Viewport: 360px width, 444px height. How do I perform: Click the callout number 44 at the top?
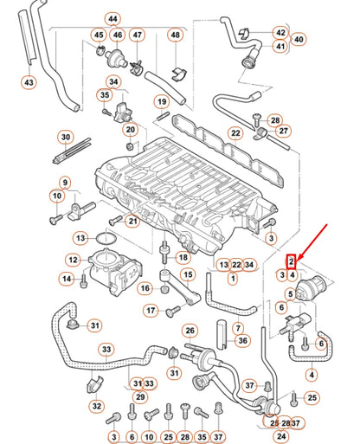pos(112,18)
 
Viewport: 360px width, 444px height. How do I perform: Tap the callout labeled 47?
pos(138,35)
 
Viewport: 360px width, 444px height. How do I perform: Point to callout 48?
pos(176,35)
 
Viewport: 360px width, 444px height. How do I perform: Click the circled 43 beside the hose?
pos(29,83)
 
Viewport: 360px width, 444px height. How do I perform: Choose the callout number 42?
pos(280,32)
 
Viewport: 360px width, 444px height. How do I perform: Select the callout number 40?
pos(299,39)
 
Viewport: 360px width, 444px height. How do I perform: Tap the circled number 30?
pos(66,138)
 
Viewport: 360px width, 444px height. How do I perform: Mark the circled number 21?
pos(132,221)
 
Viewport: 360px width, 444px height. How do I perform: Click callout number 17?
pos(151,311)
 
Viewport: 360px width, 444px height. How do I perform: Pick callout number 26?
pos(190,331)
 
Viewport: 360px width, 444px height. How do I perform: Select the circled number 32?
pos(97,404)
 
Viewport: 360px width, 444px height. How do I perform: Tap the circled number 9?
pos(65,183)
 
